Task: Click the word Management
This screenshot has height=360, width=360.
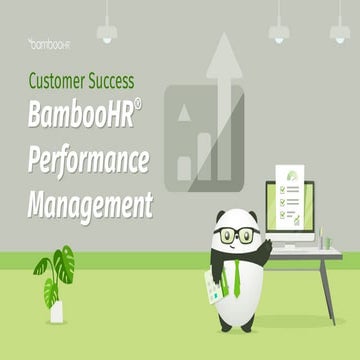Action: coord(89,206)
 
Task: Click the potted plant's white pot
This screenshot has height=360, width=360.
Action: coord(56,311)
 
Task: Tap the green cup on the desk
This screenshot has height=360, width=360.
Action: coord(324,241)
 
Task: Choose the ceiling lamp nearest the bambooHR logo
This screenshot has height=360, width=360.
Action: coord(105,30)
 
